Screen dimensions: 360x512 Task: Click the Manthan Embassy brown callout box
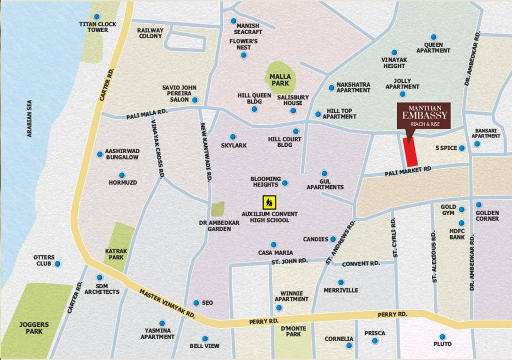pyautogui.click(x=424, y=116)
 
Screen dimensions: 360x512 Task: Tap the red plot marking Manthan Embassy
pyautogui.click(x=411, y=152)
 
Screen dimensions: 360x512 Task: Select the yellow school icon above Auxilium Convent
pyautogui.click(x=269, y=202)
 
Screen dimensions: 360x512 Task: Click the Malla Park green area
pyautogui.click(x=280, y=78)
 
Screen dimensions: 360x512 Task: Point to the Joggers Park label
pyautogui.click(x=34, y=328)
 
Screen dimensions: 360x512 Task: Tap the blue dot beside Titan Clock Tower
pyautogui.click(x=97, y=17)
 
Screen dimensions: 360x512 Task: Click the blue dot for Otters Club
pyautogui.click(x=58, y=264)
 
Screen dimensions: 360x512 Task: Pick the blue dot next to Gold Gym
pyautogui.click(x=461, y=210)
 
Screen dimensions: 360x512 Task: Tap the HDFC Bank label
pyautogui.click(x=457, y=234)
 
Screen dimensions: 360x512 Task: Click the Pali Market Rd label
pyautogui.click(x=408, y=171)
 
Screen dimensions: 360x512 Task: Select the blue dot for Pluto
pyautogui.click(x=442, y=337)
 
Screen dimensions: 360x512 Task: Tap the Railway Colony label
pyautogui.click(x=150, y=33)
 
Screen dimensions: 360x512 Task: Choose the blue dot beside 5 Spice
pyautogui.click(x=461, y=148)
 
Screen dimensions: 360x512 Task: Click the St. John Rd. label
pyautogui.click(x=289, y=261)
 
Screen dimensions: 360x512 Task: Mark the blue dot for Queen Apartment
pyautogui.click(x=434, y=37)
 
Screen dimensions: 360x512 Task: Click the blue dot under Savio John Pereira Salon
pyautogui.click(x=195, y=100)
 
